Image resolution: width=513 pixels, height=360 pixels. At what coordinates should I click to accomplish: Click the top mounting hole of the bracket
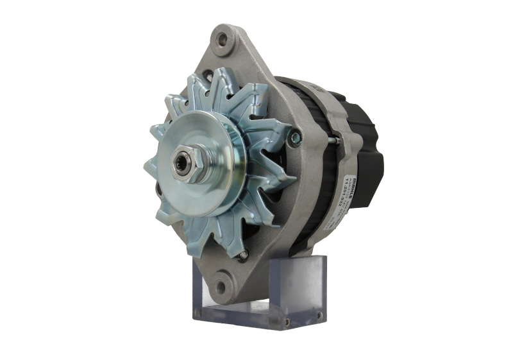click(223, 39)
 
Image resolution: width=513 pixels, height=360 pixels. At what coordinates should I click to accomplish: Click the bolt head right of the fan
click(295, 135)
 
